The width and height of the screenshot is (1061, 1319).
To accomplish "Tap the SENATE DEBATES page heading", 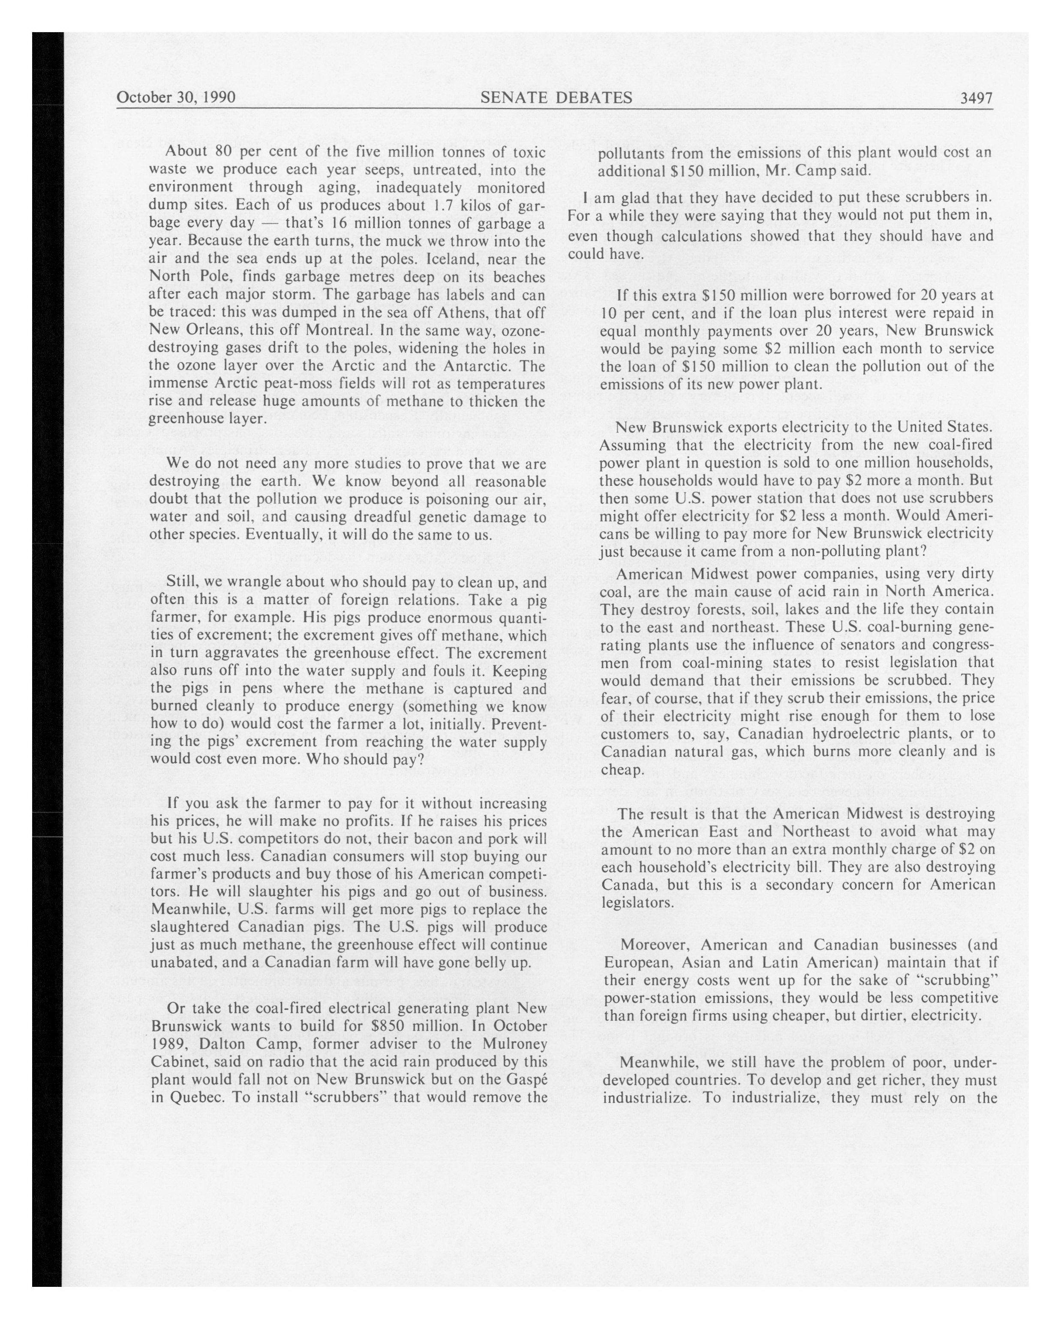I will pyautogui.click(x=556, y=97).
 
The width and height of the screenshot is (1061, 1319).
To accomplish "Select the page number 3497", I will pyautogui.click(x=976, y=98).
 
